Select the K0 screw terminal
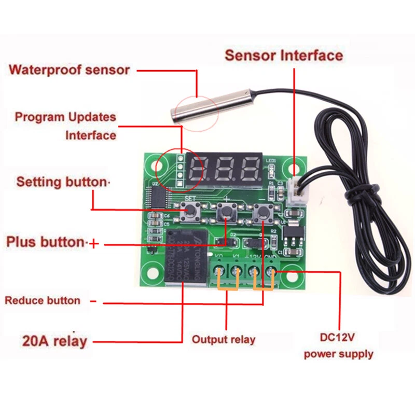219,272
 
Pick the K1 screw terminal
237,272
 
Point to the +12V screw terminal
254,272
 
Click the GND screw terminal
270,272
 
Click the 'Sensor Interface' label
283,56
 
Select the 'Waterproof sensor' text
69,70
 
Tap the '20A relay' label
54,341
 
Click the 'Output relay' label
224,340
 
